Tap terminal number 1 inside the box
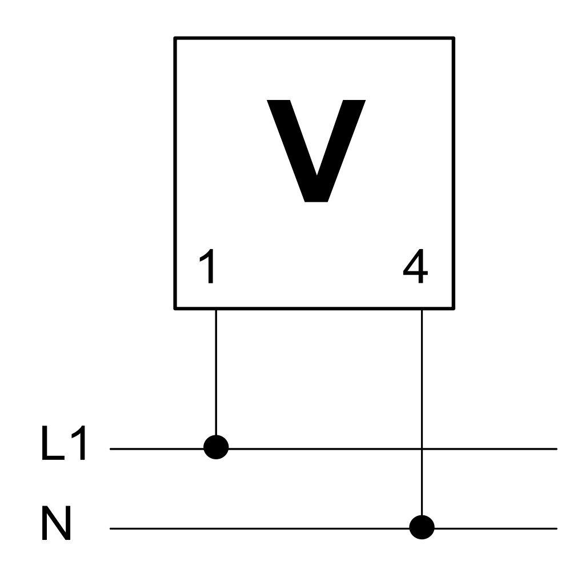208,266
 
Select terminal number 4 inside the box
415,266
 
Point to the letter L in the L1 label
53,443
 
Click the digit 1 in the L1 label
79,443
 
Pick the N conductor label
56,523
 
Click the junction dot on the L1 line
216,447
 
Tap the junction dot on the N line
422,527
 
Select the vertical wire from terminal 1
216,372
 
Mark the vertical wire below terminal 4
422,412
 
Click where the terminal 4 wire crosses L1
422,449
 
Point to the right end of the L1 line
556,449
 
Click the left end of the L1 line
110,449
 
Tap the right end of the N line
556,528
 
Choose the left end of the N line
110,528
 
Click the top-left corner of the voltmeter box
175,38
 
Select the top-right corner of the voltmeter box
454,38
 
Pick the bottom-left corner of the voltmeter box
175,308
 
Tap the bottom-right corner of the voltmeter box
454,308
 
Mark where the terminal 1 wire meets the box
216,309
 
